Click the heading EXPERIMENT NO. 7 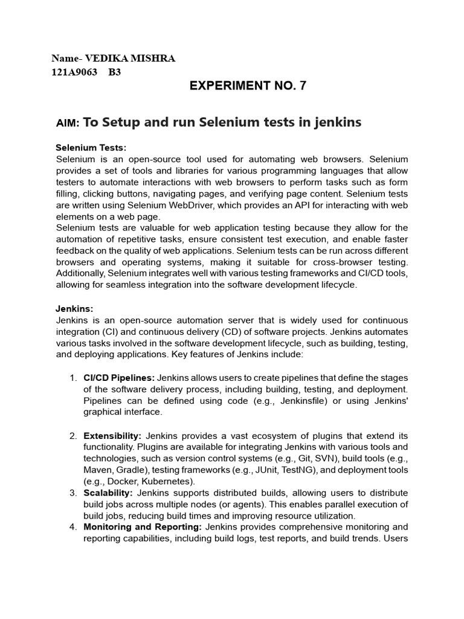(x=248, y=86)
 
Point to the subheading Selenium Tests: (x=91, y=147)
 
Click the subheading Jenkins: (x=74, y=308)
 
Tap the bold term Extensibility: (x=112, y=435)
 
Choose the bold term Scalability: (x=109, y=493)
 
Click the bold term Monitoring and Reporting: (x=143, y=527)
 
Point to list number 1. (x=72, y=378)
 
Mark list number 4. (x=72, y=527)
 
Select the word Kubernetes (x=166, y=481)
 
